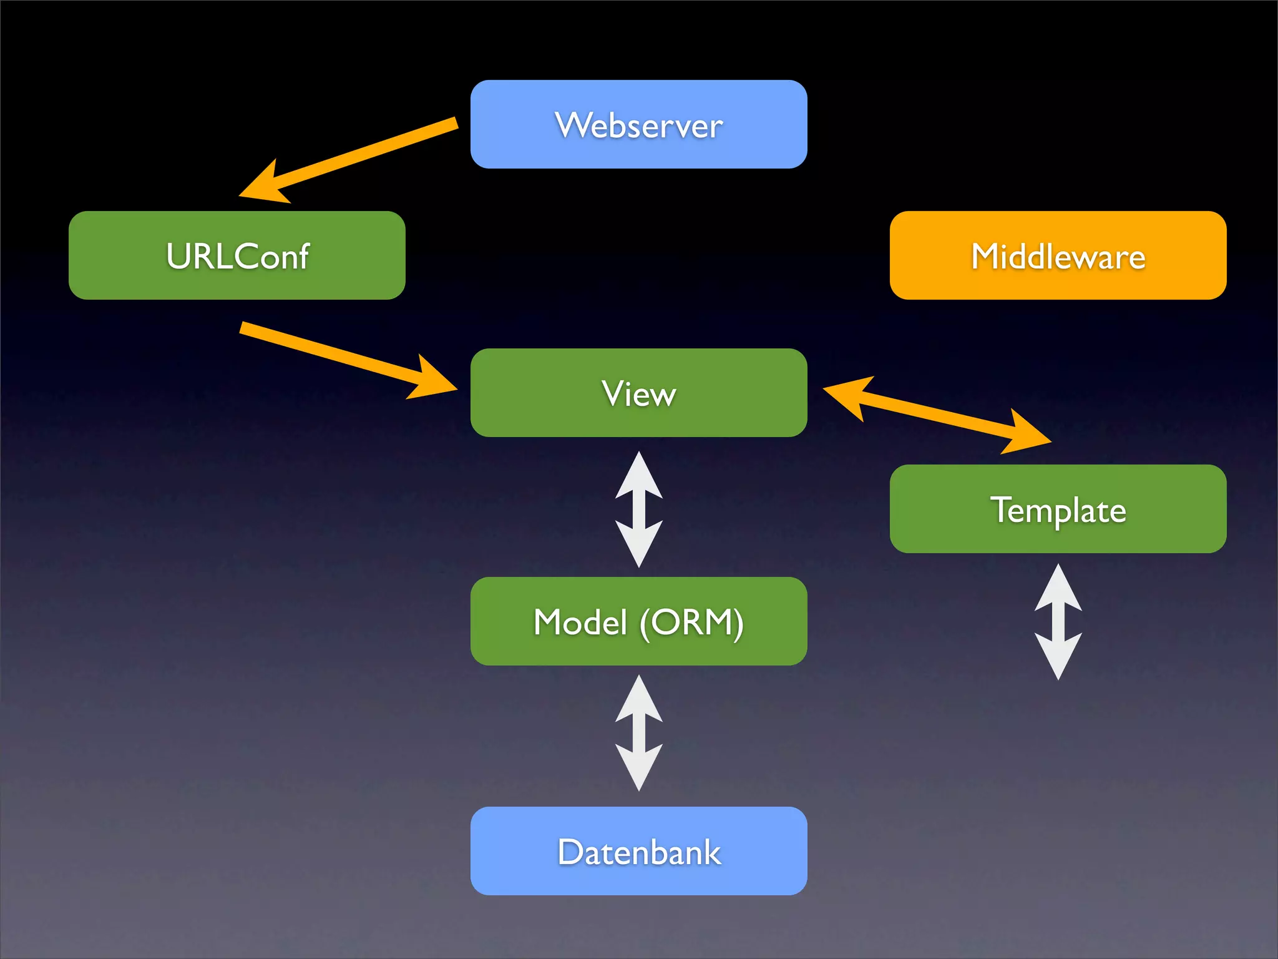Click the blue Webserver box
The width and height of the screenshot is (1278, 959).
click(638, 124)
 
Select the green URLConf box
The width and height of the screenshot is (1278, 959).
click(237, 255)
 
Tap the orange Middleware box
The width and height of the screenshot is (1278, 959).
click(1058, 255)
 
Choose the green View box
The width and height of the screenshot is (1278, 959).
click(638, 393)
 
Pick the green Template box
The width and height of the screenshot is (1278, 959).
click(1058, 509)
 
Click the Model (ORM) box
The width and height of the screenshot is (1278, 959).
click(638, 621)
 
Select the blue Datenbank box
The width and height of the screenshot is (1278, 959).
click(638, 851)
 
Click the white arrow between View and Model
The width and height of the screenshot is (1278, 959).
click(638, 509)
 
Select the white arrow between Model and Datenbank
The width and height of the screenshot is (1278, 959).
click(638, 733)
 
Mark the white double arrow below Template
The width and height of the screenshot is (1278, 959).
click(1058, 622)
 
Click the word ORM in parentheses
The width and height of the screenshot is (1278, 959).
click(691, 622)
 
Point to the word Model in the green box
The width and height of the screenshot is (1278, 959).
click(580, 622)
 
